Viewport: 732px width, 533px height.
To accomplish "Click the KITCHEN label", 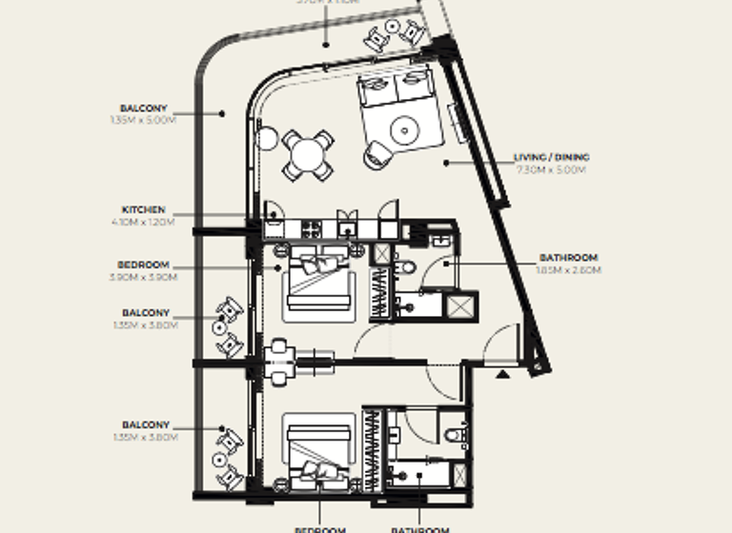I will pos(144,209).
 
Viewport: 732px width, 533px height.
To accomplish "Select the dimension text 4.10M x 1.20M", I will pos(144,222).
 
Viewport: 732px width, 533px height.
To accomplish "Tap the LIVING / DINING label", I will pos(551,157).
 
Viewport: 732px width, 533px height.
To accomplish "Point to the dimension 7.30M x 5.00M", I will pos(551,169).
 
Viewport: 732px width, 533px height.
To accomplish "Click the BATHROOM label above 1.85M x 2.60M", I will pos(568,258).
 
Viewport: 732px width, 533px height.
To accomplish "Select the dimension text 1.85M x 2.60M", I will pos(568,270).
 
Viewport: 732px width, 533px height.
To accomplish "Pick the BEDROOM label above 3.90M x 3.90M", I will pos(144,265).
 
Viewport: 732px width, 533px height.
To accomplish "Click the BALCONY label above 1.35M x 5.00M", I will pos(144,109).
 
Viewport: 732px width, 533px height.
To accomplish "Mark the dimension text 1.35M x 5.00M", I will pos(144,121).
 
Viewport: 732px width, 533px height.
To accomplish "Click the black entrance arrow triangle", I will pos(503,374).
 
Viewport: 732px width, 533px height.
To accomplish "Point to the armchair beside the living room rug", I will pos(376,156).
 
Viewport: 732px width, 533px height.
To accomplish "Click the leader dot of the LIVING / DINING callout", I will pos(445,163).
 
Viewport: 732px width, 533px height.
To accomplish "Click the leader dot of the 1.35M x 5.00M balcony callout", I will pos(223,113).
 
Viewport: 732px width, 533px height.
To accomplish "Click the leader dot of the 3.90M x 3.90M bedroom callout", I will pos(277,269).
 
